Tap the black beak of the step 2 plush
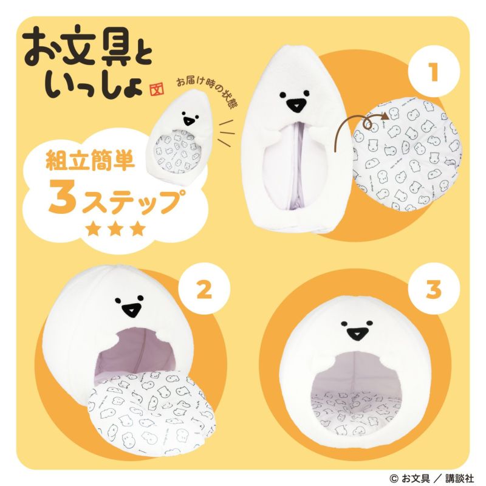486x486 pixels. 129,310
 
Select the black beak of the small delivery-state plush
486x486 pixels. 189,118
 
